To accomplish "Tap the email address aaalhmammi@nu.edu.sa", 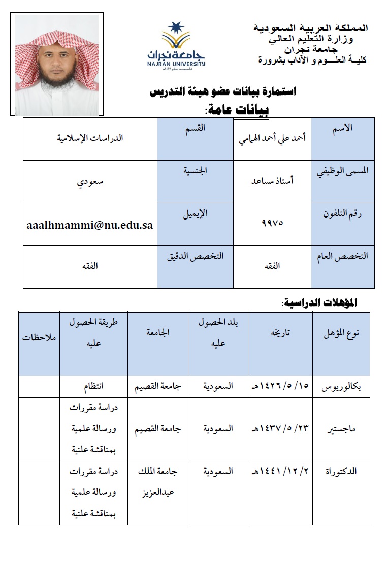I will point(90,224).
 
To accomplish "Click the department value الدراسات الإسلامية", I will point(90,137).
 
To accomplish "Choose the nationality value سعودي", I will point(90,180).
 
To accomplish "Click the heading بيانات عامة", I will point(236,109).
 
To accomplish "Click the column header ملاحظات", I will point(39,337).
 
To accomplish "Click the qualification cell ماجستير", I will point(341,429).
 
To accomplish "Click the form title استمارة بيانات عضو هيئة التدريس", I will point(223,92).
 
